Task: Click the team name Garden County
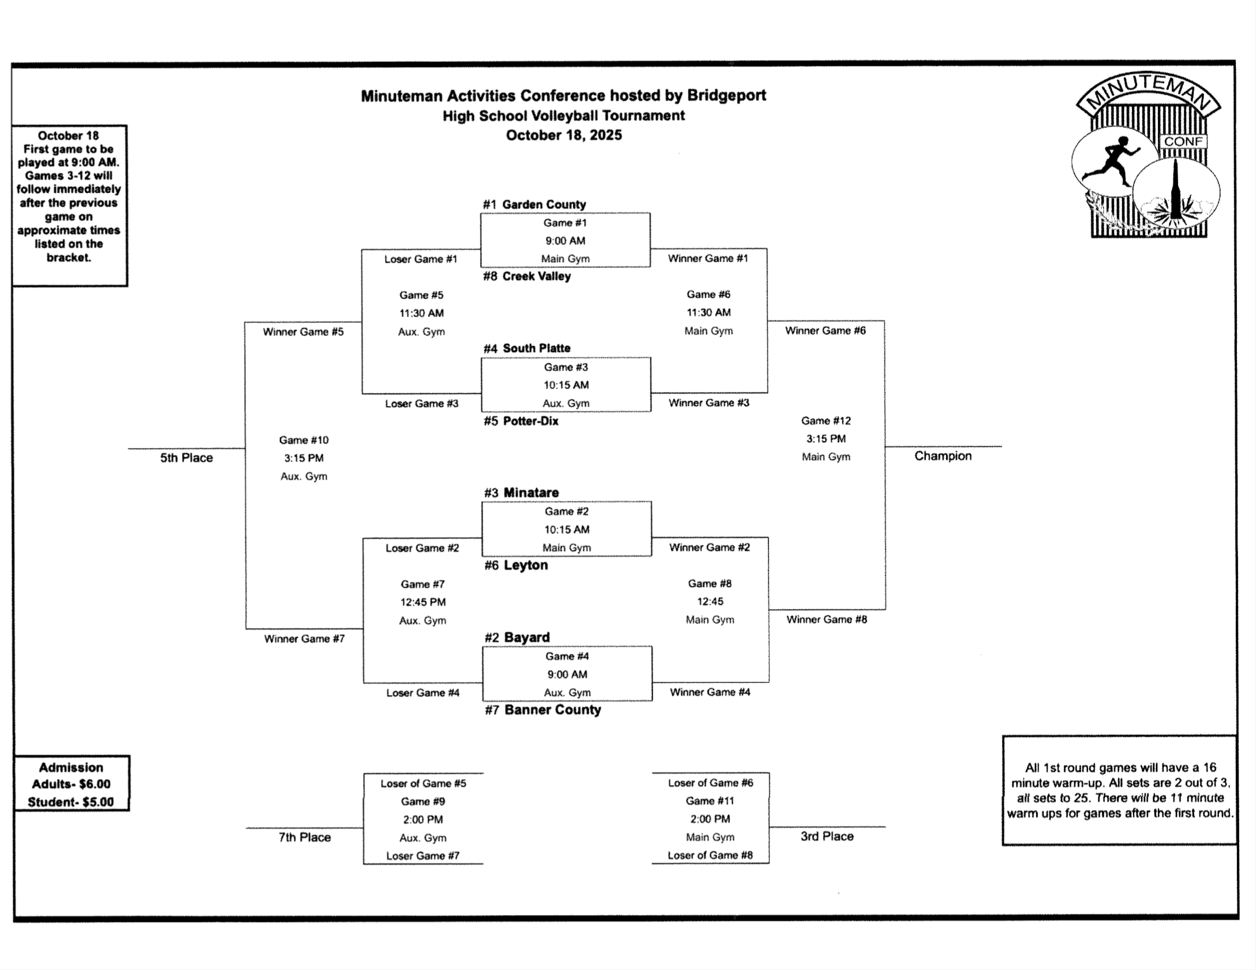coord(543,204)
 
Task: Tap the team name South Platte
coord(536,348)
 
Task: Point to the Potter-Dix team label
coord(530,421)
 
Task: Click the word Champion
coord(943,456)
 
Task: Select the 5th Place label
coord(186,458)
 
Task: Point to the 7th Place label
coord(305,837)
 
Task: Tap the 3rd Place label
coord(827,836)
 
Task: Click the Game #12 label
coord(825,421)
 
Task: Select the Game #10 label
coord(304,440)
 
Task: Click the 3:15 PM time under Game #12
coord(825,439)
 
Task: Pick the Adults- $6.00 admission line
coord(71,784)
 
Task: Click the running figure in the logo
coord(1113,162)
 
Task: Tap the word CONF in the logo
coord(1183,141)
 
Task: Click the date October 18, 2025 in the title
coord(563,135)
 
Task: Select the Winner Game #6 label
coord(825,331)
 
